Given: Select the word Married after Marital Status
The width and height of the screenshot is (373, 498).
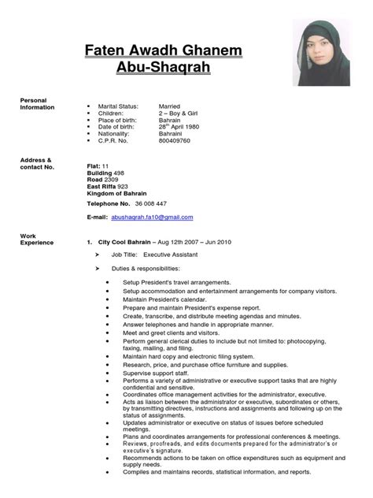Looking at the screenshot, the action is (170, 105).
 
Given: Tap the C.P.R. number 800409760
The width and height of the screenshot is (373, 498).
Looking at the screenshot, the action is (176, 142).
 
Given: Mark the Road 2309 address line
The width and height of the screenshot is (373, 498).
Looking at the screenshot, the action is (103, 178).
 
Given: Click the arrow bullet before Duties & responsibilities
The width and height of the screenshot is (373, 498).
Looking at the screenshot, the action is (97, 269).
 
